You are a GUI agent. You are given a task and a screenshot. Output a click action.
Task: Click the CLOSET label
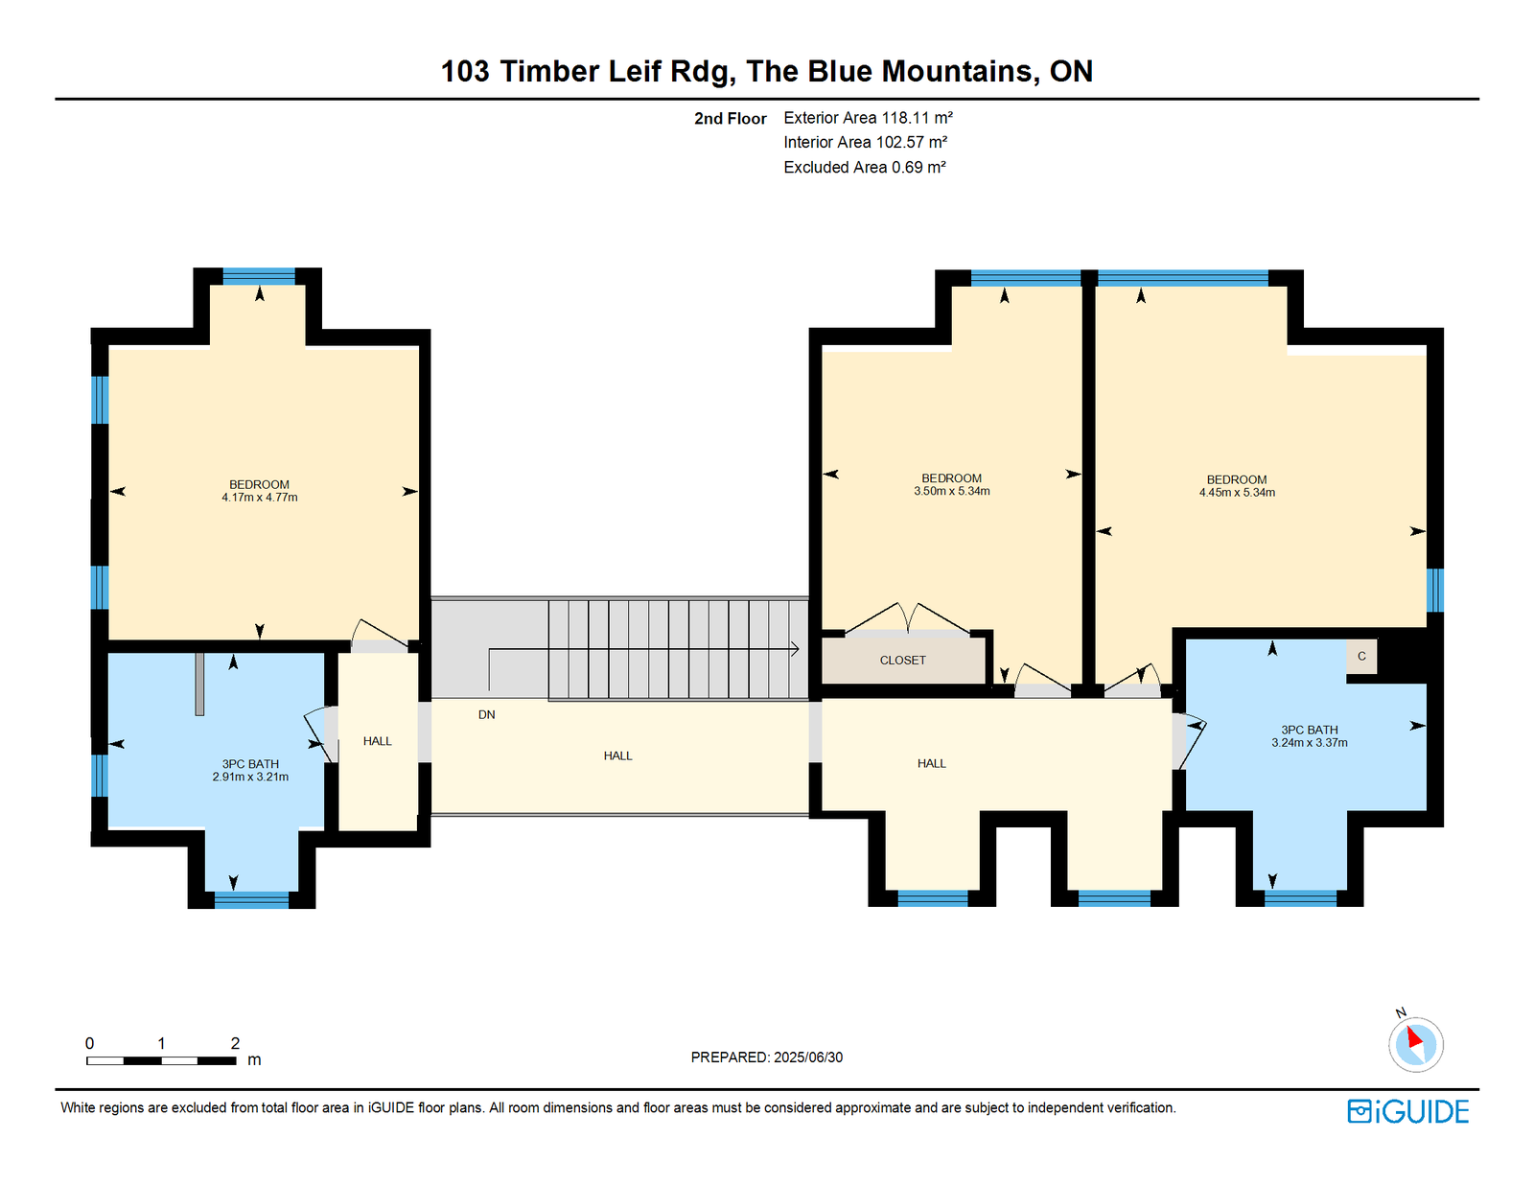coord(902,660)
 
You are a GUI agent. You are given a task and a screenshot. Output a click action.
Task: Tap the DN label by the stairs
coord(486,714)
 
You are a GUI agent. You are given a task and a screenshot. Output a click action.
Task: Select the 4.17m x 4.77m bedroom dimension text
coord(259,498)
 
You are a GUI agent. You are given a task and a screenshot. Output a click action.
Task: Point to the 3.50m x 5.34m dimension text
coord(952,491)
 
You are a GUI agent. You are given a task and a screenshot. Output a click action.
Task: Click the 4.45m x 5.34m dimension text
coord(1237,493)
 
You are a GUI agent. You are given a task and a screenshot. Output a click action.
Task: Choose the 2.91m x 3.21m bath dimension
coord(250,778)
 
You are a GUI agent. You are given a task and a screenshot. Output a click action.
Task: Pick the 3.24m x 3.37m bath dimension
coord(1310,742)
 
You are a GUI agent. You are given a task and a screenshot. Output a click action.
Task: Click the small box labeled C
coord(1361,657)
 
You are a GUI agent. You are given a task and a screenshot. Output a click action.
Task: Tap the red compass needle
coord(1414,1037)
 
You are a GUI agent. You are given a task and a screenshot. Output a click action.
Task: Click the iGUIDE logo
coord(1407,1111)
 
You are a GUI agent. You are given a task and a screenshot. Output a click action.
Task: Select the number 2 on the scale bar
coord(235,1043)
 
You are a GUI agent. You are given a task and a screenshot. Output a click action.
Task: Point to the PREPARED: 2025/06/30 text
coord(767,1057)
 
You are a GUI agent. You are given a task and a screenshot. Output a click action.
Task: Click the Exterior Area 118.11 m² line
coord(869,118)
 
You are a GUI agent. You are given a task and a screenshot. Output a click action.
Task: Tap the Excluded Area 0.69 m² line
coord(865,167)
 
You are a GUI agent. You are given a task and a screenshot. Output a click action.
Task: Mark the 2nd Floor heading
coord(730,119)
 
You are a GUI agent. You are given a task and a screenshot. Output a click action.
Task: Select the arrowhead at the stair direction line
coord(796,649)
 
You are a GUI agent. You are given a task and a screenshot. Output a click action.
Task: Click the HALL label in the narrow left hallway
coord(377,741)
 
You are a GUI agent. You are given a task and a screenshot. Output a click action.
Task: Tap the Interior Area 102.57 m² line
coord(866,143)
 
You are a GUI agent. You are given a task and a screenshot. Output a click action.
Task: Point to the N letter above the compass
coord(1402,1012)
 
